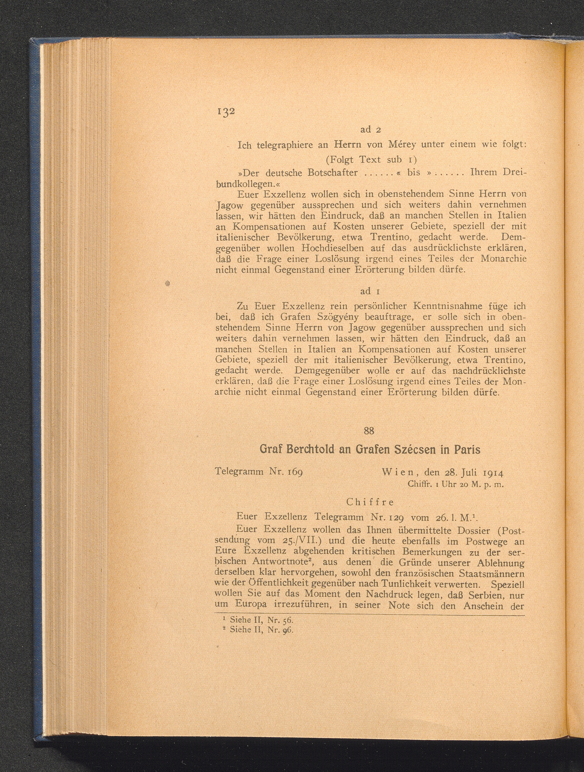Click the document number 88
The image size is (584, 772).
click(369, 431)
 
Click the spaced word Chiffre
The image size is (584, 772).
click(370, 502)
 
